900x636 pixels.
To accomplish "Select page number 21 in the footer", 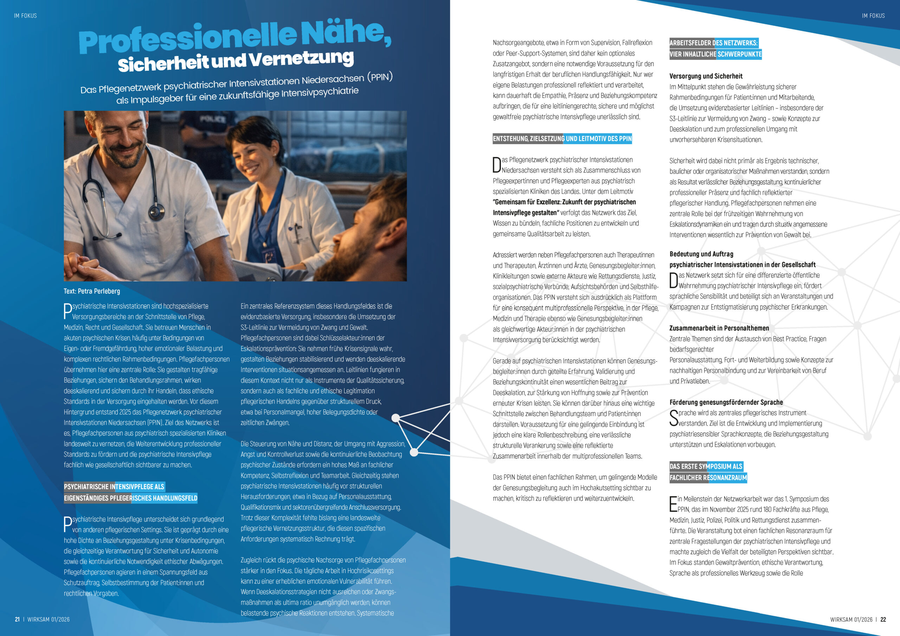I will pyautogui.click(x=17, y=619).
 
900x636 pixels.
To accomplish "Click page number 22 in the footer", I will pyautogui.click(x=883, y=619).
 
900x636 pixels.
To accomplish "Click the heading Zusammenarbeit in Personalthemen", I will pyautogui.click(x=719, y=328).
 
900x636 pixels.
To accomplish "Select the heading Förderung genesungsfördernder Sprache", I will pyautogui.click(x=726, y=402).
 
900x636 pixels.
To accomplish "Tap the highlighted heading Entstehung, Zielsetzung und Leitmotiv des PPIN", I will pyautogui.click(x=562, y=139).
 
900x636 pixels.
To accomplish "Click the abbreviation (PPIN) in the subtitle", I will pyautogui.click(x=379, y=77).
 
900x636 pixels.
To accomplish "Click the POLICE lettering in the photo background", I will pyautogui.click(x=213, y=119).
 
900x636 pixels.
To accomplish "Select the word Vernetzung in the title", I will pyautogui.click(x=301, y=59).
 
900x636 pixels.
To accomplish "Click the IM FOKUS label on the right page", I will pyautogui.click(x=873, y=16).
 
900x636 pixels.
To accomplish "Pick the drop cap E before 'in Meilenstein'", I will pyautogui.click(x=673, y=504).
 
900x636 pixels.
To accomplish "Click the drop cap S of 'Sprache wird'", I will pyautogui.click(x=674, y=418).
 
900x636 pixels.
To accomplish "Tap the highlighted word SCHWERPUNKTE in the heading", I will pyautogui.click(x=739, y=54).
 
